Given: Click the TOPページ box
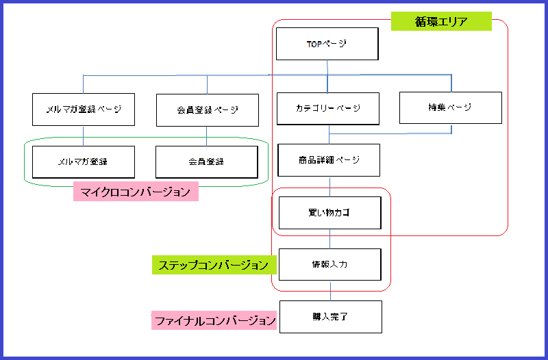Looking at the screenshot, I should (327, 44).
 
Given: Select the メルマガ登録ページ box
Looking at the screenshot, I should (84, 110).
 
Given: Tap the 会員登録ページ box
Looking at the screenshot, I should (207, 110).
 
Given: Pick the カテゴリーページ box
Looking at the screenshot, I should (327, 108).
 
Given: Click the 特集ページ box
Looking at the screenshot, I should (450, 107).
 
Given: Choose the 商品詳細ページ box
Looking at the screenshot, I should (329, 160).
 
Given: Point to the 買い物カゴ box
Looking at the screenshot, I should (329, 212).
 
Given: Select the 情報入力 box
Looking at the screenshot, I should (329, 264).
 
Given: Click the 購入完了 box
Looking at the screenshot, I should (330, 317).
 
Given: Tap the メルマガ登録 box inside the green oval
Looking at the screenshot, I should (84, 162).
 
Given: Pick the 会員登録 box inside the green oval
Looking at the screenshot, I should (207, 162).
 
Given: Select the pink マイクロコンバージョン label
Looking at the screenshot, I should (136, 192).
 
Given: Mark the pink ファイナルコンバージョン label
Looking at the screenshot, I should (214, 320).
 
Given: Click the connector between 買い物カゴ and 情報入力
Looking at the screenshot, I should (330, 239).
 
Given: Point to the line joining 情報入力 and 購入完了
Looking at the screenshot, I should (331, 291).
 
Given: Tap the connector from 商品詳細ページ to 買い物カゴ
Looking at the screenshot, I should (330, 186).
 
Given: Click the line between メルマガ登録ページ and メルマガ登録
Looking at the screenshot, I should (84, 136).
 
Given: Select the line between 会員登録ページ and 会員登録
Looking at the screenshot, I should (207, 136).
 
